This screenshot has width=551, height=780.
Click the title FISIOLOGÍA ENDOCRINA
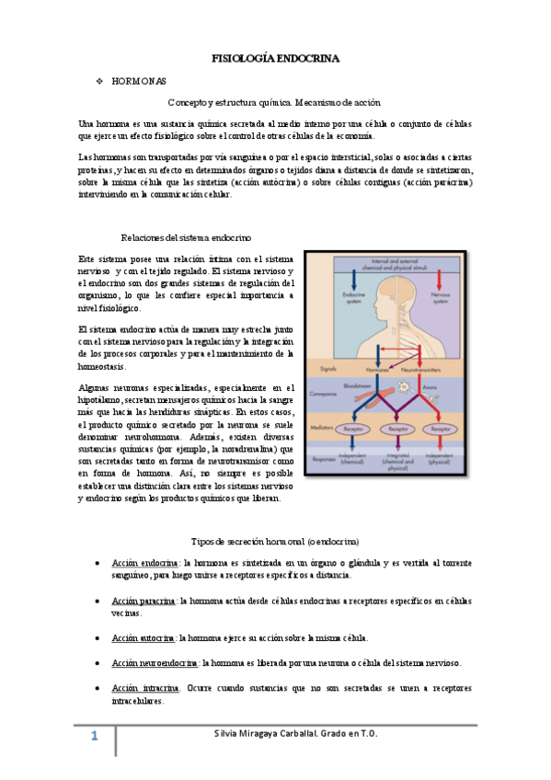pos(275,58)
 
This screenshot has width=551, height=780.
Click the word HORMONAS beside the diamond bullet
pos(138,82)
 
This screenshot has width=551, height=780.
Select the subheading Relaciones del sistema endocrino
pos(187,237)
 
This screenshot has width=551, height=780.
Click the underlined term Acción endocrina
pos(144,562)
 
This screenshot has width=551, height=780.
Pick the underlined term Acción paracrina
pos(143,600)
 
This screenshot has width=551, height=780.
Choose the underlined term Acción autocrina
pos(143,637)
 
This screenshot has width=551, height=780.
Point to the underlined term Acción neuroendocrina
pos(155,662)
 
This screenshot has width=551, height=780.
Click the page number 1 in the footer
pos(93,737)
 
